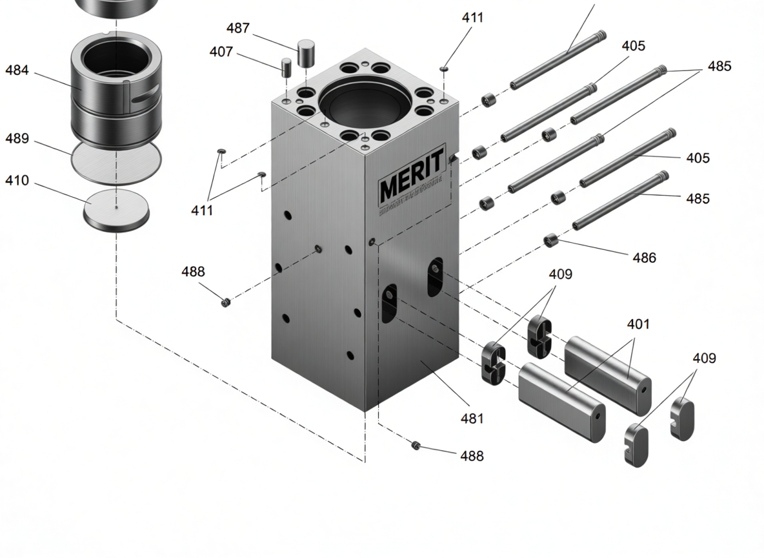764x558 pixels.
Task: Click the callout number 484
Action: point(17,70)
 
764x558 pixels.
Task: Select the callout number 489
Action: point(17,139)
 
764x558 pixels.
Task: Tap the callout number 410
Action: point(17,181)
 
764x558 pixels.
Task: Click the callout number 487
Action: point(237,28)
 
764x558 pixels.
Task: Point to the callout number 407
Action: point(221,52)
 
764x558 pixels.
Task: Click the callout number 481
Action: point(472,418)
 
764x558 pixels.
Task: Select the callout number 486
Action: point(644,258)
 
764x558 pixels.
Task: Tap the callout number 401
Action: point(638,324)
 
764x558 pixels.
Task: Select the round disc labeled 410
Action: point(116,208)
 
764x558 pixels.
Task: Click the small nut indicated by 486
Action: point(550,241)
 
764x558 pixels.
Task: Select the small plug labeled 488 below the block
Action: point(416,445)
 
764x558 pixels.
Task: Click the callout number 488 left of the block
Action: point(193,272)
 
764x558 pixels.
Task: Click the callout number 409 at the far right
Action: point(704,358)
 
